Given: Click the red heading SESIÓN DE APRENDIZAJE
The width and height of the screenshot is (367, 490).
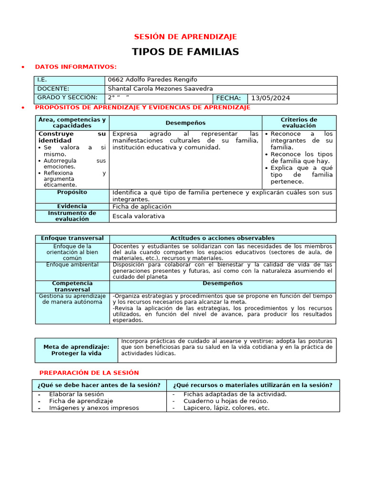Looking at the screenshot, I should click(185, 37).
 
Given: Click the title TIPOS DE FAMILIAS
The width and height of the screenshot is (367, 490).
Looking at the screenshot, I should click(185, 52).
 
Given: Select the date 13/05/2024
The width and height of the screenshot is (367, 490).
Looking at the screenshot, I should click(270, 98).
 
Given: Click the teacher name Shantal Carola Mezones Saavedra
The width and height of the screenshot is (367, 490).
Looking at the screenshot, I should click(161, 89).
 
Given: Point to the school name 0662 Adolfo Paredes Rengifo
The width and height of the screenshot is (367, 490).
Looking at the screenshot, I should click(152, 80).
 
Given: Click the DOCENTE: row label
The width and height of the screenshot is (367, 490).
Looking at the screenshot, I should click(53, 89).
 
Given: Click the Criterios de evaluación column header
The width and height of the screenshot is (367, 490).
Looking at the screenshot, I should click(299, 122).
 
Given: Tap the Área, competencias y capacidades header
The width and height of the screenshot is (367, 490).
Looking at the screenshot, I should click(72, 122).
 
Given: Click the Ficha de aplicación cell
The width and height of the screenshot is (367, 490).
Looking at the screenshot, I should click(142, 207).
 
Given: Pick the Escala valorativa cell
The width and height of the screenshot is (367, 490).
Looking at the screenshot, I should click(139, 216).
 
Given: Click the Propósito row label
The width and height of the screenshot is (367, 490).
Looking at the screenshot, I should click(72, 192).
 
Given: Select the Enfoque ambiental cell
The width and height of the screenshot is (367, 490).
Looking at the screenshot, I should click(72, 265).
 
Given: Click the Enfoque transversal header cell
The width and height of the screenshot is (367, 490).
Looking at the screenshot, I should click(72, 238).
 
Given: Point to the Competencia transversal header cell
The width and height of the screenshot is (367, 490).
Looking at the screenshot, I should click(72, 287).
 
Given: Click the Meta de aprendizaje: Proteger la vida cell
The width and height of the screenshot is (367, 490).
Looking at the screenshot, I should click(76, 350).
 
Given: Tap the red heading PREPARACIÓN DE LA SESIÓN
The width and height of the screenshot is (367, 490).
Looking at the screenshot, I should click(89, 373).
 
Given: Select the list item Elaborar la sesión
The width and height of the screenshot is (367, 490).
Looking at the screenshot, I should click(76, 394).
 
